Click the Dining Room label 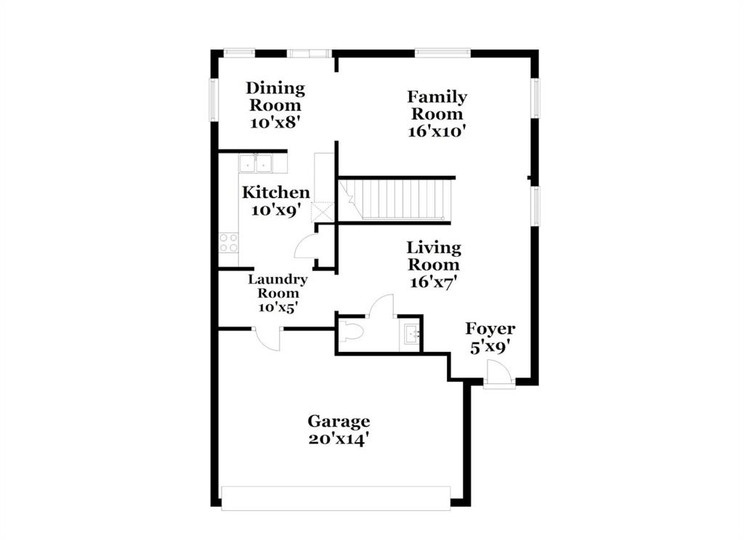(275, 97)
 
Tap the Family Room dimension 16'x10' (437, 131)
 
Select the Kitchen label (275, 192)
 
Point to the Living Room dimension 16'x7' (433, 282)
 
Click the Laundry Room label (278, 286)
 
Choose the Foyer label (490, 329)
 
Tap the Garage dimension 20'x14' (339, 439)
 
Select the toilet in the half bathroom (352, 333)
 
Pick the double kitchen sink (255, 163)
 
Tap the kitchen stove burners (228, 242)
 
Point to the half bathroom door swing (381, 306)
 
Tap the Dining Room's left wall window (214, 99)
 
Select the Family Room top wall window (442, 52)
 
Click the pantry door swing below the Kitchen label (306, 246)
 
